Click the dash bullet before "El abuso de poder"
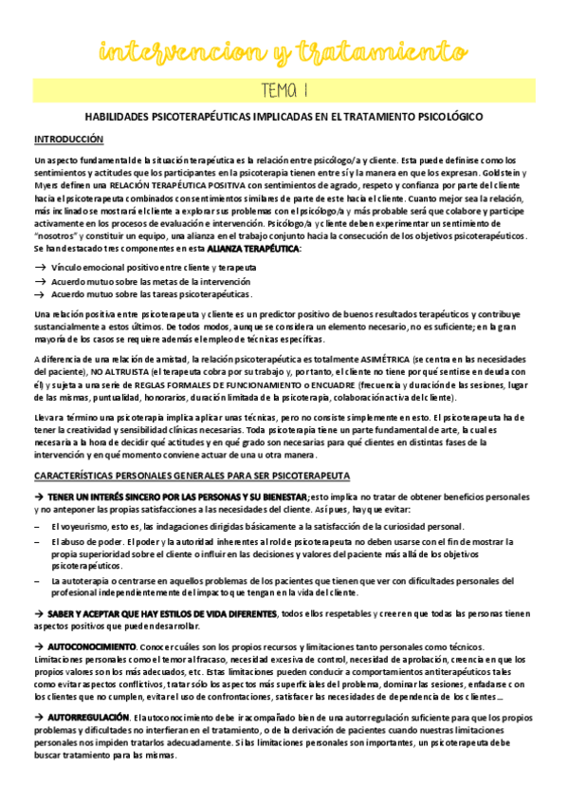coord(37,540)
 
